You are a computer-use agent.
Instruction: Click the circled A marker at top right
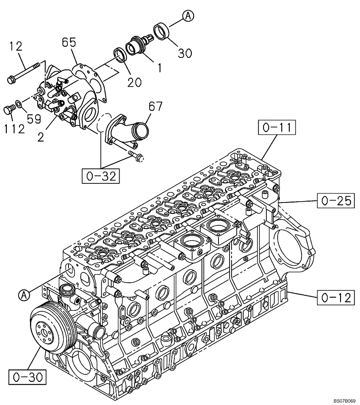pyautogui.click(x=188, y=16)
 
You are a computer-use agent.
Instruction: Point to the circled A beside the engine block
pyautogui.click(x=24, y=295)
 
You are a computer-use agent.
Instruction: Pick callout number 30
pyautogui.click(x=184, y=53)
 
